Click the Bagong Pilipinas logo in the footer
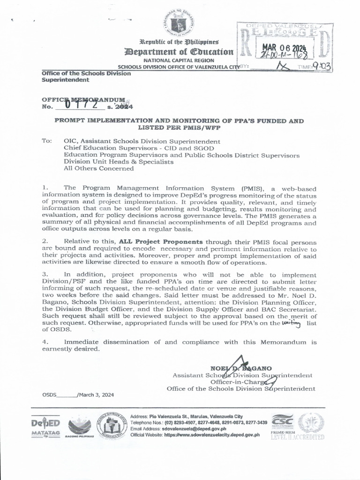81,427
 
